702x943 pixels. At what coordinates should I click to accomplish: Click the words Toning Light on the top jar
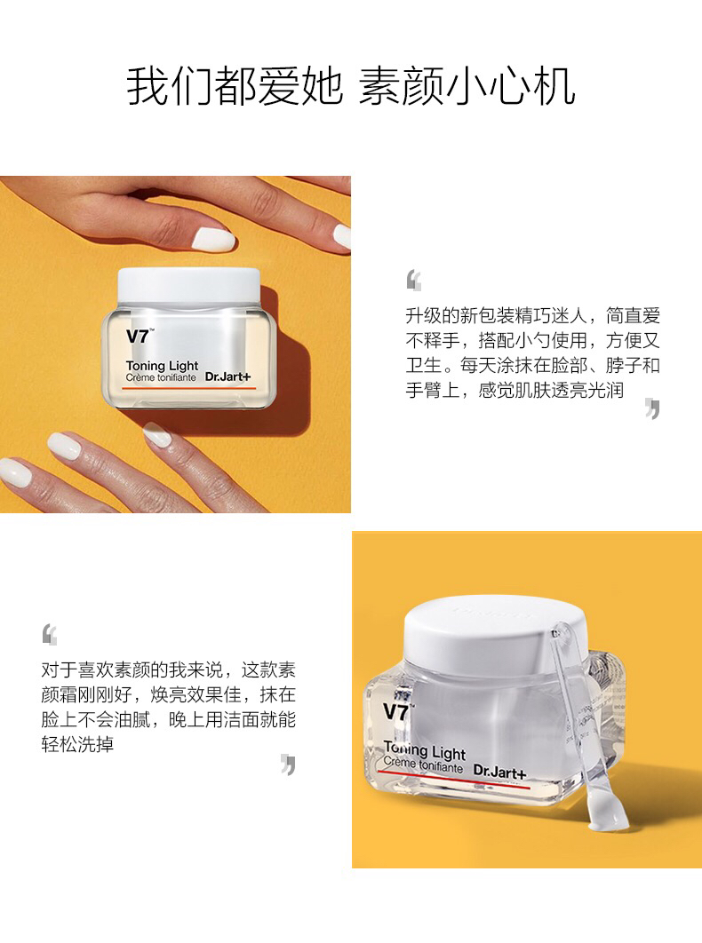162,366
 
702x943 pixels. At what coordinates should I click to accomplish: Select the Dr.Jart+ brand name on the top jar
227,377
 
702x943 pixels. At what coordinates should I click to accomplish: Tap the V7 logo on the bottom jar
396,712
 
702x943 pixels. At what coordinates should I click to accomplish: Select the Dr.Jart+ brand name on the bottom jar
499,771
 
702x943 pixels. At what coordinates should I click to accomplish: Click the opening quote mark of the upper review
413,281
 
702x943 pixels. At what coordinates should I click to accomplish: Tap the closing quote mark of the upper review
652,408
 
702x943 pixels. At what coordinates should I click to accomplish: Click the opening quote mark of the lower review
50,635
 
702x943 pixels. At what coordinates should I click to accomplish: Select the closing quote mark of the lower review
289,765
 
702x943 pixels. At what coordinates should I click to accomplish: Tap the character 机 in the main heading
554,86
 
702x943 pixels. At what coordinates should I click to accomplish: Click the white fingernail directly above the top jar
213,240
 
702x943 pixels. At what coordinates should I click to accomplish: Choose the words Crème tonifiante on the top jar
161,377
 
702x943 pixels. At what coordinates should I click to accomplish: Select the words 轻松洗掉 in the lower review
77,744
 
